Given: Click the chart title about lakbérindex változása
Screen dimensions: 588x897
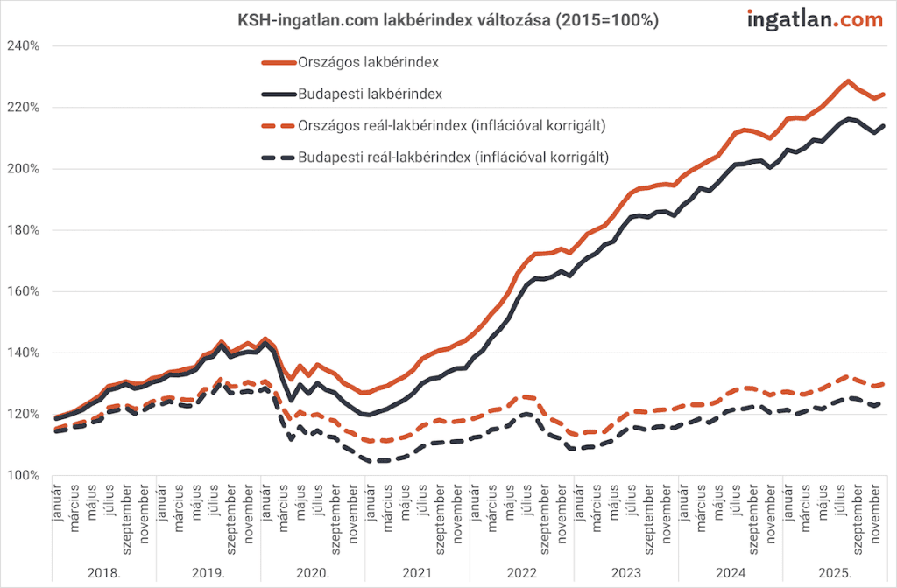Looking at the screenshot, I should pyautogui.click(x=448, y=19).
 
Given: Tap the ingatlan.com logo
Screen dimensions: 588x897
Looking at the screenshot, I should pyautogui.click(x=814, y=19).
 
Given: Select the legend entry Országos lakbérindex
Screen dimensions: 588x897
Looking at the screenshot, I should pyautogui.click(x=369, y=63).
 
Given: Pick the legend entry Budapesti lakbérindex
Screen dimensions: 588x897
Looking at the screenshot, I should pyautogui.click(x=370, y=94).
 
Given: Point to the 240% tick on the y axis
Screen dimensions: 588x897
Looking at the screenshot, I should pyautogui.click(x=23, y=45).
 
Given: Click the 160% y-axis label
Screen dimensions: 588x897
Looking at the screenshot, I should pyautogui.click(x=23, y=291).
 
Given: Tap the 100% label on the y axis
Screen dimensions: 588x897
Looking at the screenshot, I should pyautogui.click(x=23, y=475).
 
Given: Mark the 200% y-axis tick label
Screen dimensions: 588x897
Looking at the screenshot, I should pyautogui.click(x=23, y=168).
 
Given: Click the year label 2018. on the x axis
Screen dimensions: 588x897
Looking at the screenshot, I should pyautogui.click(x=104, y=573).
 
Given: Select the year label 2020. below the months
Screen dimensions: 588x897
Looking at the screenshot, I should pyautogui.click(x=313, y=573).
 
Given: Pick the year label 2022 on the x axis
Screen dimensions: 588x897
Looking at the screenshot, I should pyautogui.click(x=522, y=573).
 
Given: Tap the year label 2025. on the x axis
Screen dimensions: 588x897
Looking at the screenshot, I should pyautogui.click(x=835, y=573).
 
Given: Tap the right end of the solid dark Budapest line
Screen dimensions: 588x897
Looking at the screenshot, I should pyautogui.click(x=884, y=125).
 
